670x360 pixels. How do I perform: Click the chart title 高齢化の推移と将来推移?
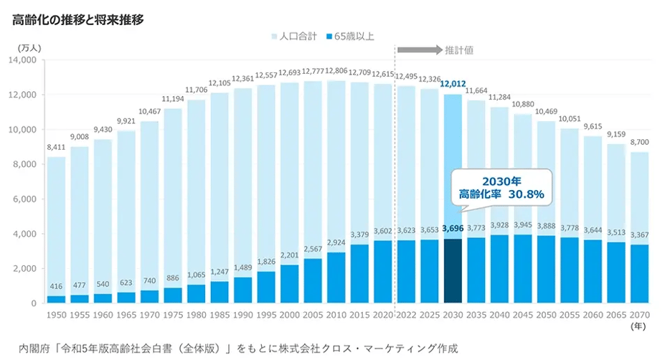(x=78, y=19)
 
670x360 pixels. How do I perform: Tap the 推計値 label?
(x=459, y=50)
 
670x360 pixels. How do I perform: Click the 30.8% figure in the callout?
(x=527, y=194)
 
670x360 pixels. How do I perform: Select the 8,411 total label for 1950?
(x=57, y=148)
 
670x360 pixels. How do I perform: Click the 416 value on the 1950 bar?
(x=57, y=287)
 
